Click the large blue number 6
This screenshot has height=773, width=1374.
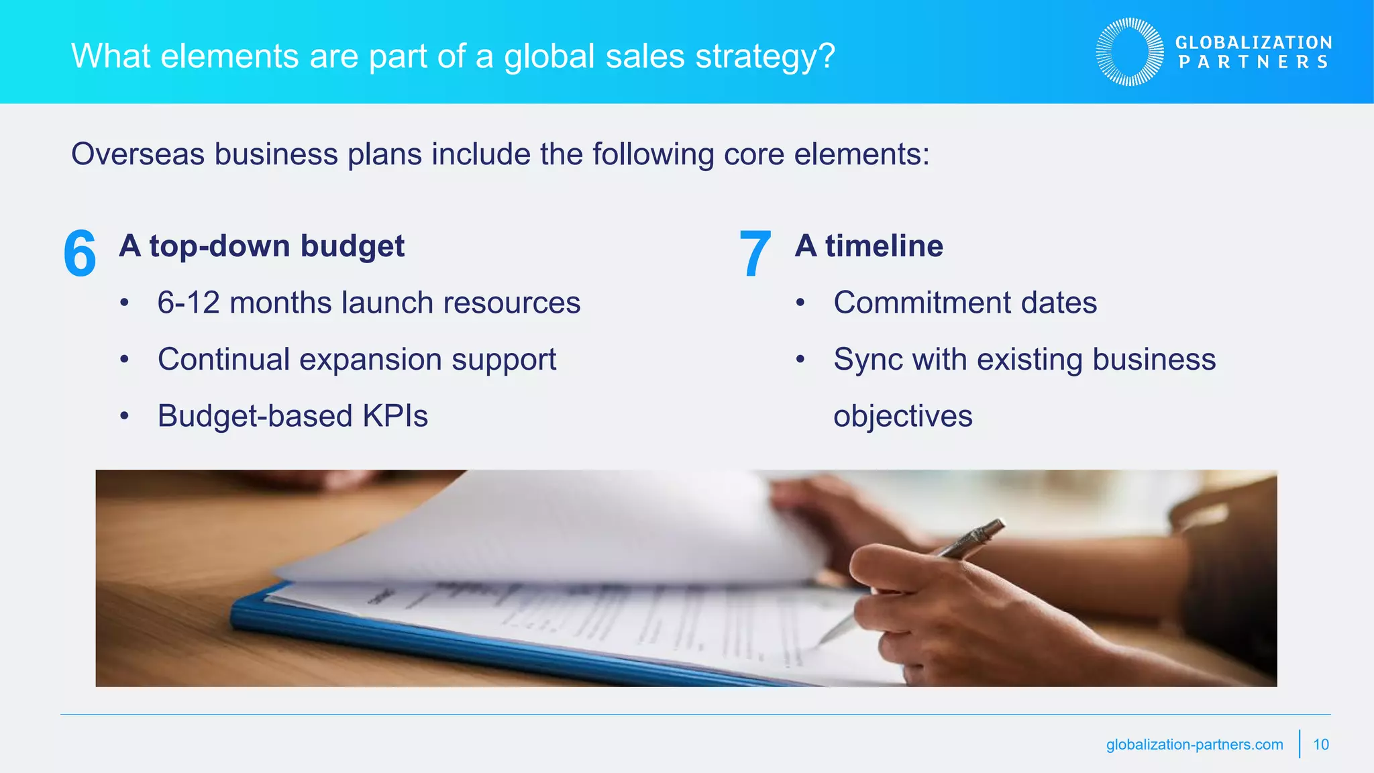coord(80,254)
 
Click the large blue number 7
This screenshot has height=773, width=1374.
coord(755,254)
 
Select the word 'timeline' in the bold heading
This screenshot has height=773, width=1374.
coord(884,246)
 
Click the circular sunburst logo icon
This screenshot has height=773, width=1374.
coord(1130,52)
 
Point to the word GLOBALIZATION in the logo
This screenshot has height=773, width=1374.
coord(1253,42)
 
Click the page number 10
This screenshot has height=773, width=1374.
coord(1321,744)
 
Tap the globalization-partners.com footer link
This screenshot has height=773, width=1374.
coord(1194,744)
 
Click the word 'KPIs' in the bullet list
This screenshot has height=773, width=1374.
coord(395,416)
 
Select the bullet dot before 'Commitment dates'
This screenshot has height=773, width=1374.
coord(800,303)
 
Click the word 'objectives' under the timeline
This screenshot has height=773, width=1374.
coord(902,416)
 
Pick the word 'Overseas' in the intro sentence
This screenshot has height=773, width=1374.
coord(138,154)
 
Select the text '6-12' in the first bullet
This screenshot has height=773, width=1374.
coord(189,303)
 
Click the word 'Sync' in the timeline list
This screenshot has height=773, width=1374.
coord(867,360)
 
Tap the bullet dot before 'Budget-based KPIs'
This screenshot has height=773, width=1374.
coord(124,416)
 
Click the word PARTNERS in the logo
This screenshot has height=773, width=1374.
coord(1253,62)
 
